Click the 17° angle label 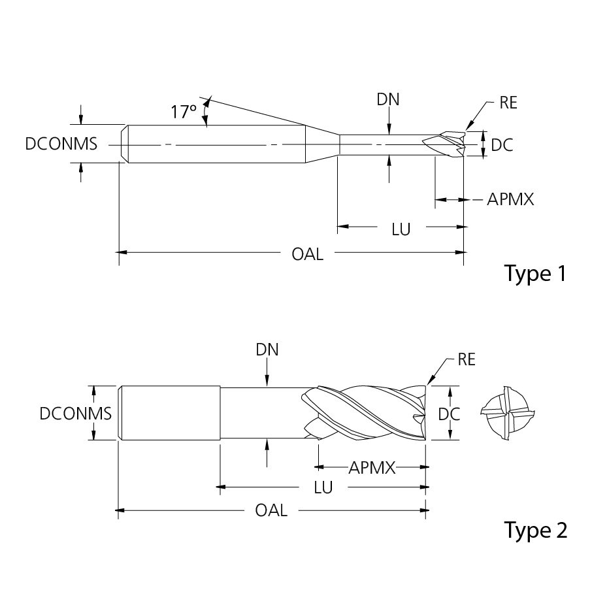tap(184, 112)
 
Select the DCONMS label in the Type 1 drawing tap(61, 144)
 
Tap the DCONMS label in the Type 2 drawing tap(76, 413)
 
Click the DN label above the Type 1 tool tap(388, 99)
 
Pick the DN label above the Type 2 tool tap(267, 350)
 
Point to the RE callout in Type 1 tap(508, 103)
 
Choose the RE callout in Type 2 tap(467, 359)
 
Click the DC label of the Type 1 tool tap(502, 145)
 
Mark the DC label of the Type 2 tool tap(449, 414)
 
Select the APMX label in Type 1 tap(510, 199)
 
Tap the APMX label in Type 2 tap(372, 467)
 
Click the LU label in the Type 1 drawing tap(401, 229)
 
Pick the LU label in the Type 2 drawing tap(323, 487)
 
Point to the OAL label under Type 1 tap(307, 254)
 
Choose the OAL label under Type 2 tap(271, 510)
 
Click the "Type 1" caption tap(535, 273)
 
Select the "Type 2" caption tap(535, 530)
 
